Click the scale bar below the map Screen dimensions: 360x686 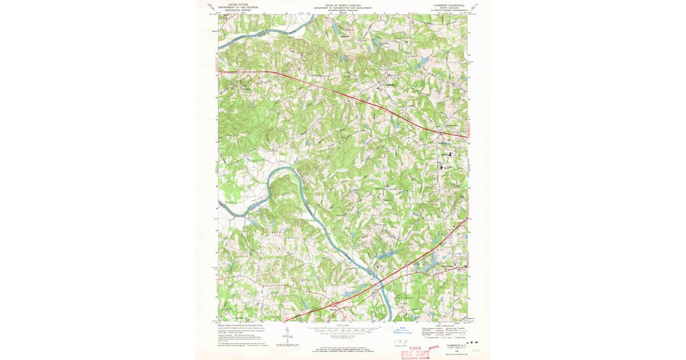point(343,331)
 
